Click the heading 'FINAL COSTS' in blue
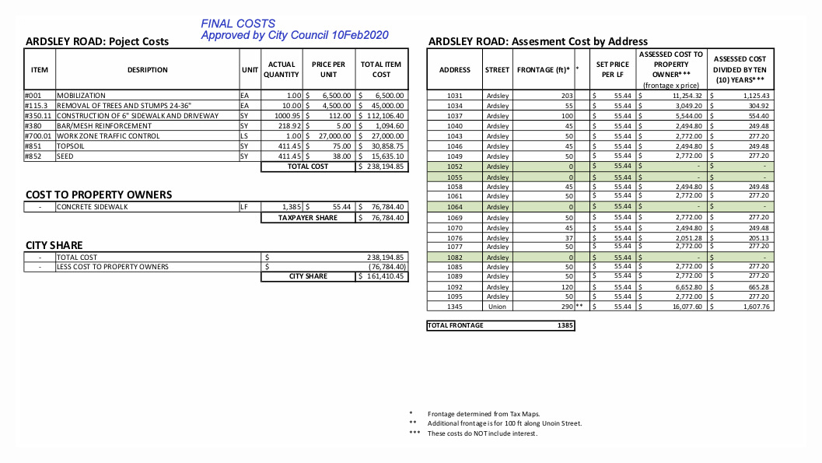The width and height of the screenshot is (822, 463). click(238, 24)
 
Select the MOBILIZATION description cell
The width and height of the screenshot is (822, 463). click(81, 96)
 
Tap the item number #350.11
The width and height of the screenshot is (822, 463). click(38, 116)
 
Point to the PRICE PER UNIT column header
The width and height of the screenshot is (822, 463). click(328, 69)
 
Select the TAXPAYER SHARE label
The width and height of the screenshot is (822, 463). click(308, 218)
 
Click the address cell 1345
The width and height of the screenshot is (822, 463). click(455, 307)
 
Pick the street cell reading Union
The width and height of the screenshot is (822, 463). click(497, 307)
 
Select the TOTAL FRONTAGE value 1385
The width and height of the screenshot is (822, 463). click(565, 325)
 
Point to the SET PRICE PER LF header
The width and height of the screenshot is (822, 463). click(612, 69)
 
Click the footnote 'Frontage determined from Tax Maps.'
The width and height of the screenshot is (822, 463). click(484, 414)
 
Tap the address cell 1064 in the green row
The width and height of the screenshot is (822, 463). click(455, 207)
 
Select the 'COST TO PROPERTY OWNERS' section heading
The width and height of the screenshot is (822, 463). click(99, 195)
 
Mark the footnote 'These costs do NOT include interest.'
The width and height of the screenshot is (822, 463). click(482, 433)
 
